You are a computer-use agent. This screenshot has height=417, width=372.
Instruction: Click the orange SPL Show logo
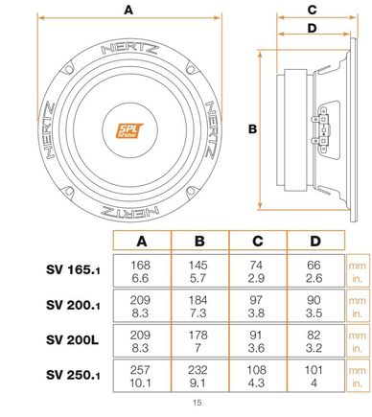[128, 130]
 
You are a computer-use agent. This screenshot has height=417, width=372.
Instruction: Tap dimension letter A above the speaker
[128, 10]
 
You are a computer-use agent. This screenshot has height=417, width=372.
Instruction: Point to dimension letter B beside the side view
[252, 129]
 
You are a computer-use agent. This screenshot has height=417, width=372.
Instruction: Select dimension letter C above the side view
[312, 10]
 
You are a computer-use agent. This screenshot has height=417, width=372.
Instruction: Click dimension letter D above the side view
[312, 28]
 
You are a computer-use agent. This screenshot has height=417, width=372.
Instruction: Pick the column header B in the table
[199, 241]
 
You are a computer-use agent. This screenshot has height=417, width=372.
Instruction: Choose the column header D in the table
[315, 241]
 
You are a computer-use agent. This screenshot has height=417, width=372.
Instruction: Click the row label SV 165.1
[73, 269]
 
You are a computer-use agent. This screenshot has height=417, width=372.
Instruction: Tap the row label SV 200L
[72, 339]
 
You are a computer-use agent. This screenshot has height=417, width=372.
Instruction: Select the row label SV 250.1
[73, 375]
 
